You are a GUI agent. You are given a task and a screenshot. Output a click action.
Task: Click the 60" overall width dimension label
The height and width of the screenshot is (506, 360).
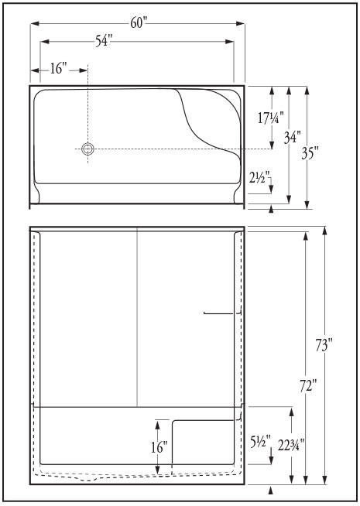[x=139, y=22]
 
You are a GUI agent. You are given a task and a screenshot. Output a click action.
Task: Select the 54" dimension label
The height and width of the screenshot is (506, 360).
[x=103, y=41]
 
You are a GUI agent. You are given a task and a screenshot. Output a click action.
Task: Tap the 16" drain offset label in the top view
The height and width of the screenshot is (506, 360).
[x=58, y=68]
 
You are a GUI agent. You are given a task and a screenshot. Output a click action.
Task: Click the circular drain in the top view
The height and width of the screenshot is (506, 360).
[x=87, y=149]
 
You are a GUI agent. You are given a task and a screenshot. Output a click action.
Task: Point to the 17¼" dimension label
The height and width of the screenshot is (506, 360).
[x=271, y=118]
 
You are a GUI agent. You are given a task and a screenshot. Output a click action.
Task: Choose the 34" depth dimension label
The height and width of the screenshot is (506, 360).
[x=293, y=137]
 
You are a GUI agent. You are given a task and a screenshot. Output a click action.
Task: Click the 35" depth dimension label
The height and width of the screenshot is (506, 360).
[x=310, y=152]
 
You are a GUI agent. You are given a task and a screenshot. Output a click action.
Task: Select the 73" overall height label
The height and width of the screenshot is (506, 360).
[x=324, y=345]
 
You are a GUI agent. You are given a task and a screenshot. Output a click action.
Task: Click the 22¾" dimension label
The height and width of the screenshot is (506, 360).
[x=291, y=446]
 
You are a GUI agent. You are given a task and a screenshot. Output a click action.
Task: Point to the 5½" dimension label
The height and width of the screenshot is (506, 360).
[x=260, y=443]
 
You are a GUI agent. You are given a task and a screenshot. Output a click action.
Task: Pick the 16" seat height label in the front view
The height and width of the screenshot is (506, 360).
[x=159, y=447]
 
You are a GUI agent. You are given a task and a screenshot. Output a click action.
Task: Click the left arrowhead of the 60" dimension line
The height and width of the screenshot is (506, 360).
[x=35, y=23]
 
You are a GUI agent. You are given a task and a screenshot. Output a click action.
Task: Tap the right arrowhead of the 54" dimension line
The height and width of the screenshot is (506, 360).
[x=230, y=42]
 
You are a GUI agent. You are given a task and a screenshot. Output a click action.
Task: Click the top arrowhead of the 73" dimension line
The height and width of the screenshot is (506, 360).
[x=325, y=231]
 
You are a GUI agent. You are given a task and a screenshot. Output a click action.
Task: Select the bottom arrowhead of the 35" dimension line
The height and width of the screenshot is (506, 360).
[x=307, y=204]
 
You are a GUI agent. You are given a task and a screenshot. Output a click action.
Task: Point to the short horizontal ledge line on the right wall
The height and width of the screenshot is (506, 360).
[x=219, y=313]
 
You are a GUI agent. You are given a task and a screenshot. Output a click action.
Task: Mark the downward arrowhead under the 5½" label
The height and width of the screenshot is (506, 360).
[x=271, y=460]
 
